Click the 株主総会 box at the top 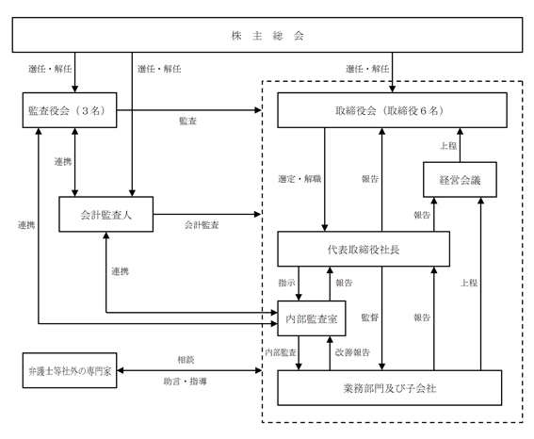click(267, 35)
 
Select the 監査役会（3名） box click(70, 110)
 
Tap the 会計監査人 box click(105, 214)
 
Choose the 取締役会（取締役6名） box click(393, 110)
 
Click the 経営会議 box click(460, 180)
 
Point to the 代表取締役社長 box click(364, 249)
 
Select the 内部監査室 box click(312, 318)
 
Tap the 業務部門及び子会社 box click(390, 388)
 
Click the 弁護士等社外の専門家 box click(70, 370)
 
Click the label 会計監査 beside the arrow click(202, 225)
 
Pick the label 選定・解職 click(299, 179)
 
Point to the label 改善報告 click(352, 352)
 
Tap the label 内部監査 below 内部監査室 click(281, 352)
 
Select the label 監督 click(370, 317)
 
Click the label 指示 click(286, 283)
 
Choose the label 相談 click(186, 360)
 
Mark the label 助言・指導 click(186, 382)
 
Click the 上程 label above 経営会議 click(448, 146)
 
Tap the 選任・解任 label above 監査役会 click(50, 69)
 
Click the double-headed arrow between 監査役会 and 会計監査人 click(75, 162)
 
